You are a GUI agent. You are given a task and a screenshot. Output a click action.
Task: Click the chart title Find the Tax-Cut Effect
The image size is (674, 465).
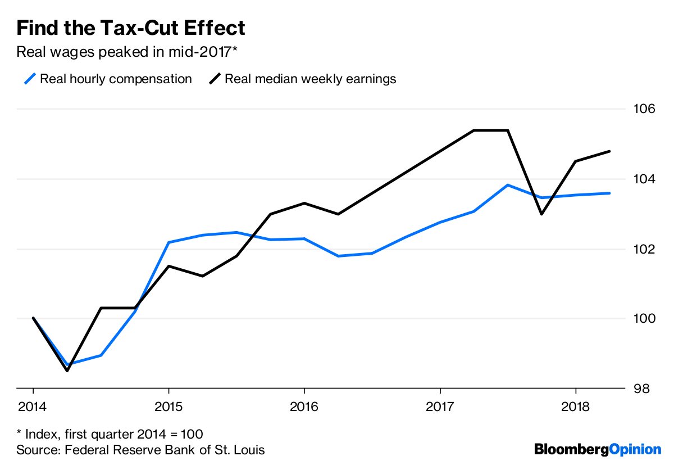131,28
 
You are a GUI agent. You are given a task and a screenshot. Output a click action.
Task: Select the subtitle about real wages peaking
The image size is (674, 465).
127,53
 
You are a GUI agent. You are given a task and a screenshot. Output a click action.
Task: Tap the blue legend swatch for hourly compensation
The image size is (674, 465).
31,79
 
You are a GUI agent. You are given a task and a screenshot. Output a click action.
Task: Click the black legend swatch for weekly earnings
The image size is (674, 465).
215,79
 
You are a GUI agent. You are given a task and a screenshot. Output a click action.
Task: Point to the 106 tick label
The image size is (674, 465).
645,109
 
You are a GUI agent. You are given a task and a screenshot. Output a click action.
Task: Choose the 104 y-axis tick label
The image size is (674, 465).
645,179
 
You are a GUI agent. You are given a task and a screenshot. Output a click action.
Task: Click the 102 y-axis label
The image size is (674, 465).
645,249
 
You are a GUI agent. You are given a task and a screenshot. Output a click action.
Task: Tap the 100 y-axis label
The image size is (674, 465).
645,319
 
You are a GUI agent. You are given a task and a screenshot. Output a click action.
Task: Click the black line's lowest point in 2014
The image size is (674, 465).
67,371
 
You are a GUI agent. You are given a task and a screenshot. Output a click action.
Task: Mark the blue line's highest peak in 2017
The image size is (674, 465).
508,185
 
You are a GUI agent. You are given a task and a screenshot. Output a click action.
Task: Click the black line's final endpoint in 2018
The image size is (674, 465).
609,151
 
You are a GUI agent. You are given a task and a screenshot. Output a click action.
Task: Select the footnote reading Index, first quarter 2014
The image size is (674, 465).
110,434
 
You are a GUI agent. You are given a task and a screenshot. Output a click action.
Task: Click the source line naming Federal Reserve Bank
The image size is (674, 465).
140,450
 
